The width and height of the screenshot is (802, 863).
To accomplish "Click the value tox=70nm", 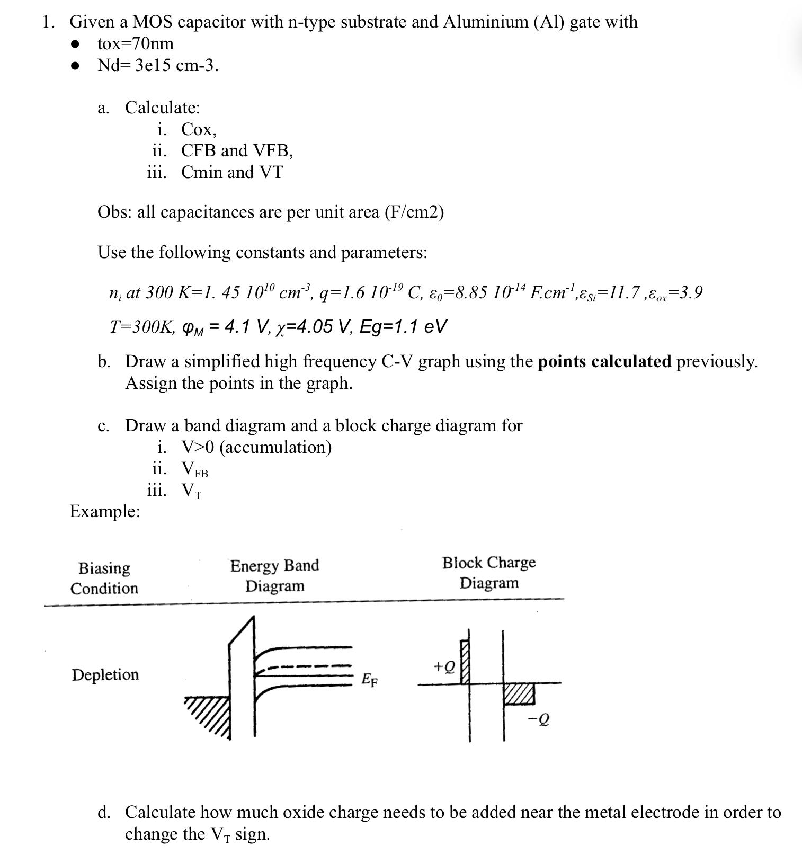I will [136, 43].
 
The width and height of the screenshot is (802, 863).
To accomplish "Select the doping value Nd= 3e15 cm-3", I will [157, 66].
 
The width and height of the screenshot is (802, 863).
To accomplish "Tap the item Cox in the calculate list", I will [199, 129].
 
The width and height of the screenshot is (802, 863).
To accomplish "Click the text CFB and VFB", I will [237, 151].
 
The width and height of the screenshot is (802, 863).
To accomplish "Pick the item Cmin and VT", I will [232, 173].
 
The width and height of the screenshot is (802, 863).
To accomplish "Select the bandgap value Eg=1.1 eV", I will [403, 326].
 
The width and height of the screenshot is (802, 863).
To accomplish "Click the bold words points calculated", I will [604, 362].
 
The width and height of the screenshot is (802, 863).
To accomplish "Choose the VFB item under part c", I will [194, 469].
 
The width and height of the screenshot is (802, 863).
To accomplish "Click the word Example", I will [105, 512].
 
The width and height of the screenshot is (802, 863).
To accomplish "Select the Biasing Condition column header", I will [104, 578].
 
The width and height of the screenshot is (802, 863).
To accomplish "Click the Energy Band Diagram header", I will [274, 576].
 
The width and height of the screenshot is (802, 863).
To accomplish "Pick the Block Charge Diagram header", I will [488, 573].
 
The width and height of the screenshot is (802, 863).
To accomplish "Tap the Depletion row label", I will [105, 675].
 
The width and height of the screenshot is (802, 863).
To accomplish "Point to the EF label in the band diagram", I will [369, 679].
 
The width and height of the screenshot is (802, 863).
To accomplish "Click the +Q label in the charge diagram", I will [444, 666].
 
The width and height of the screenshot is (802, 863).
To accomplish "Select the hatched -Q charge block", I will [519, 693].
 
